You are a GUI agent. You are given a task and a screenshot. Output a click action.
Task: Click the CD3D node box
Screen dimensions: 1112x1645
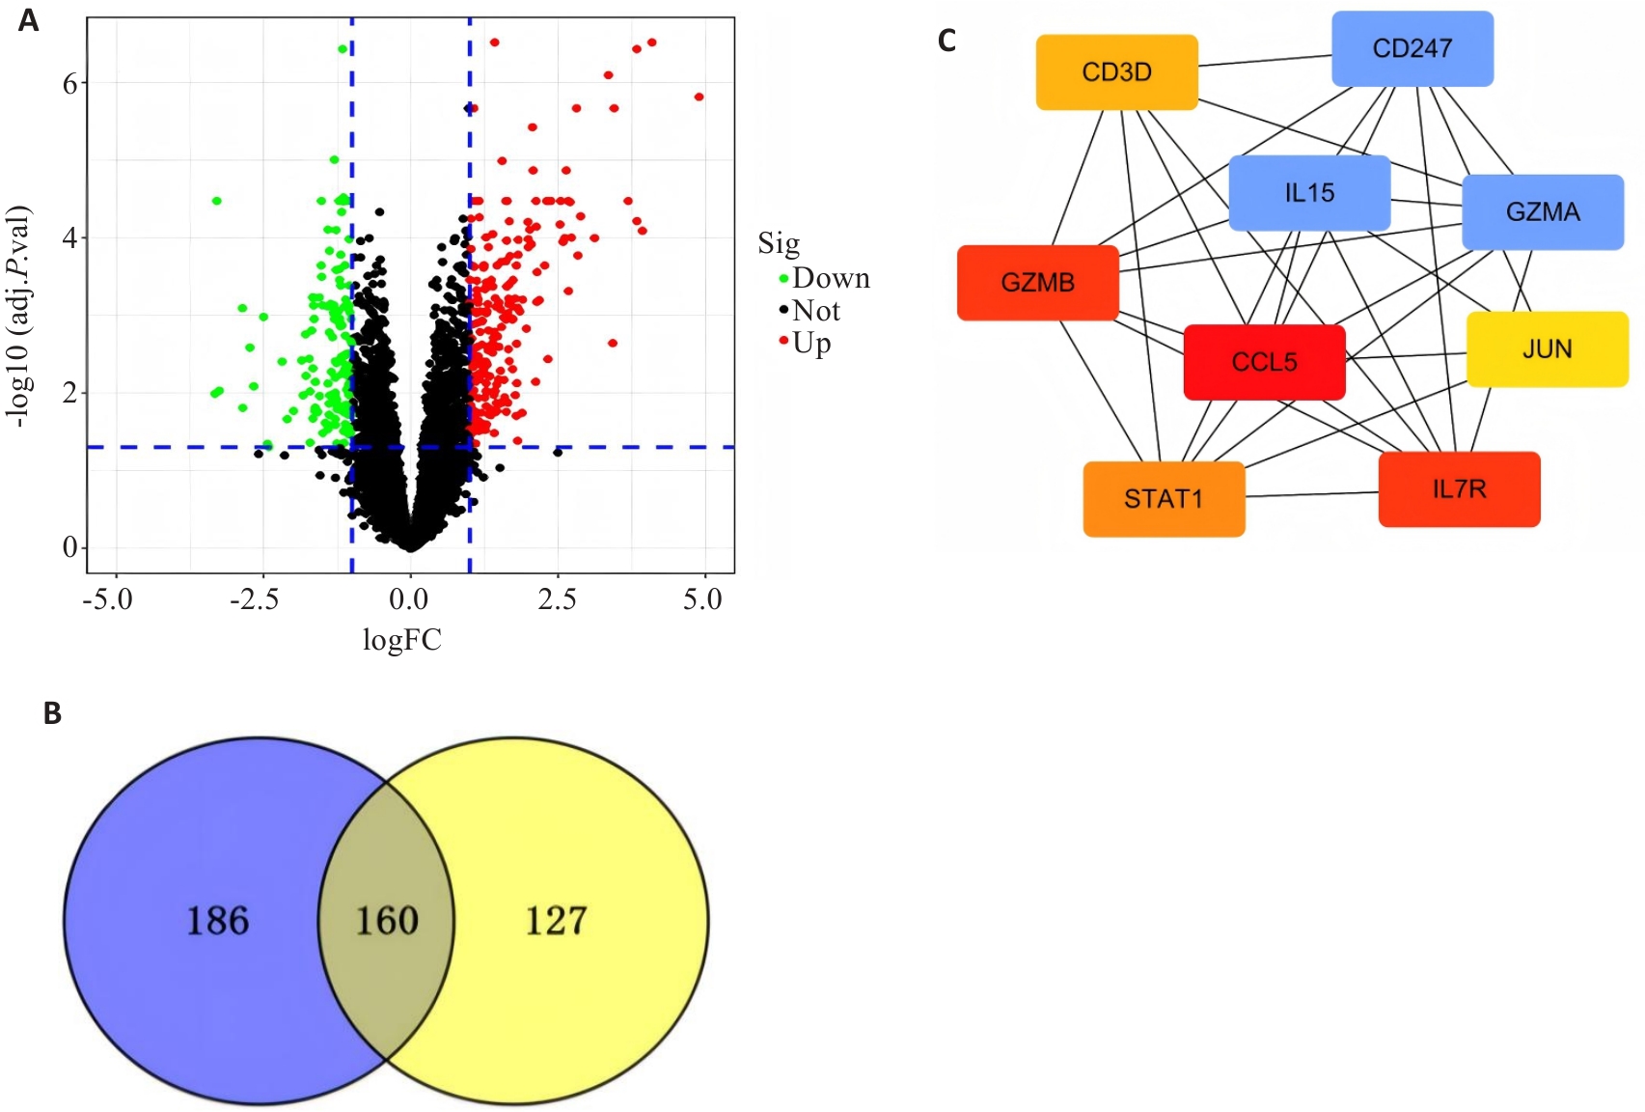tap(1116, 72)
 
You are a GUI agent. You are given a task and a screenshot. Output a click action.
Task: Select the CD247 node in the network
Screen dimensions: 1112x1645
tap(1412, 48)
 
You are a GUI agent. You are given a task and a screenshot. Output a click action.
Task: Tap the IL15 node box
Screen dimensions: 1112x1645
tap(1309, 193)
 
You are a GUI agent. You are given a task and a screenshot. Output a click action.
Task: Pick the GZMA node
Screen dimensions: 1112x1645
tap(1542, 212)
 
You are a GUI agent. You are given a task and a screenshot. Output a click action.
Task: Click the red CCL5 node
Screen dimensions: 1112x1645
tap(1264, 362)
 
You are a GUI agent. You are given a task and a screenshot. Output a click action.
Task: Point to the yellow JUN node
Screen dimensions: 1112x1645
tap(1547, 348)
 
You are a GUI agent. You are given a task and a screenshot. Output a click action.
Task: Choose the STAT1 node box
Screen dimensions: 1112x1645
tap(1164, 499)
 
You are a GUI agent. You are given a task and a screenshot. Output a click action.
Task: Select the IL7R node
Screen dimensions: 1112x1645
tap(1459, 489)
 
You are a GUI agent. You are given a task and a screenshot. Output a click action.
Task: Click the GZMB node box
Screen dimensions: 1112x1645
tap(1037, 283)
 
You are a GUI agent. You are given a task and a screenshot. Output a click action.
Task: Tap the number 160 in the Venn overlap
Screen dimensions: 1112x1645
tap(387, 921)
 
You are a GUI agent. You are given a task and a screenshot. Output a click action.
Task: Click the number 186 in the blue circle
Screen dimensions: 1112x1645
tap(218, 921)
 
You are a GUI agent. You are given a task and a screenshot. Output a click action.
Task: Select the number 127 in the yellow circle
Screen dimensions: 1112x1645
tap(556, 921)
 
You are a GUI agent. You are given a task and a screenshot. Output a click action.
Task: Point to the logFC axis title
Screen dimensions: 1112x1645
tap(401, 640)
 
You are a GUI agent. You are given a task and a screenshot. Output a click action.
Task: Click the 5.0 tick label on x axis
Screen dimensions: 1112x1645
tap(702, 599)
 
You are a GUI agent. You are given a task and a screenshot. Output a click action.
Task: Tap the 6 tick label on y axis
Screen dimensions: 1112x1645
tap(69, 84)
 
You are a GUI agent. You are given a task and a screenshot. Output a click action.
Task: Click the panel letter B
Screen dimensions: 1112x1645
tap(53, 713)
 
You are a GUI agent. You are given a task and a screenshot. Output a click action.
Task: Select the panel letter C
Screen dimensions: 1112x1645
tap(947, 41)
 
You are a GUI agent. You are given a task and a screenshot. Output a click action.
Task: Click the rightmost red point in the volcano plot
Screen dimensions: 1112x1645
tap(699, 97)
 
